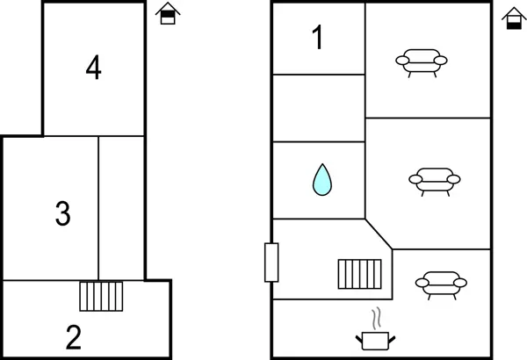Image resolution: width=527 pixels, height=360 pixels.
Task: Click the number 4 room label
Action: tap(94, 68)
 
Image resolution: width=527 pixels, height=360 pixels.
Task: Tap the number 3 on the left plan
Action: tap(62, 213)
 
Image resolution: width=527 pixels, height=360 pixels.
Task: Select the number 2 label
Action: tap(74, 336)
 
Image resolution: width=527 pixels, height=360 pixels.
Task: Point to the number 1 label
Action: tap(317, 38)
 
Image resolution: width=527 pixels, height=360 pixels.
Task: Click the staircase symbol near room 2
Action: tap(101, 296)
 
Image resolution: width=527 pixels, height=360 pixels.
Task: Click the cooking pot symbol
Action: tap(376, 340)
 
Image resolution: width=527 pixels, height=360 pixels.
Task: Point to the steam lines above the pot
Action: tap(376, 317)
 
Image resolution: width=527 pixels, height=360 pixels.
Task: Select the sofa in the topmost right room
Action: tap(422, 61)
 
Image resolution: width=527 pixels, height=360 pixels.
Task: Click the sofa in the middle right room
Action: tap(434, 180)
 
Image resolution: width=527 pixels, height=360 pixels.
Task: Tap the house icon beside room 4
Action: tap(167, 14)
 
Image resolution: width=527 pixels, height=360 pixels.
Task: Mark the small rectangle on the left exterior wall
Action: tap(271, 263)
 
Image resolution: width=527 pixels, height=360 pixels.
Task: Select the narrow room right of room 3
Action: tap(121, 207)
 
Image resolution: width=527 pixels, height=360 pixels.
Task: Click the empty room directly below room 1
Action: tap(318, 107)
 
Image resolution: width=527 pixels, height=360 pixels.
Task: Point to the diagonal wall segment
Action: tap(379, 234)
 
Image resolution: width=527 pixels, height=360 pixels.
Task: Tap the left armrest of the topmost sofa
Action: tap(401, 60)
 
